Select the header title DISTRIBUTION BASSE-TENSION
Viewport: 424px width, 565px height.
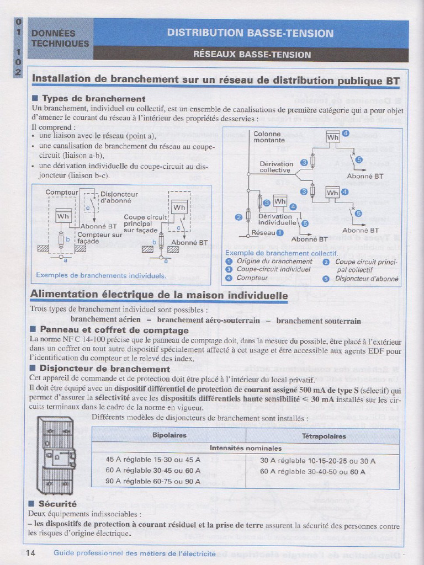tap(250, 33)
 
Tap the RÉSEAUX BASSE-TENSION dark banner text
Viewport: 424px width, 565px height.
tap(252, 55)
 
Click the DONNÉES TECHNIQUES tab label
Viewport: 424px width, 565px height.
tap(60, 39)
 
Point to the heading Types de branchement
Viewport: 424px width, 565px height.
tap(93, 99)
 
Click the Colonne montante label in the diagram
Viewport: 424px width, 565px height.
tap(267, 137)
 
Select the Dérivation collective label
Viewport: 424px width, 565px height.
tap(276, 167)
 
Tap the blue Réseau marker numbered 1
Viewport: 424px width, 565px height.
tap(280, 233)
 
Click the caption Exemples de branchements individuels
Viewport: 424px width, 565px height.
tap(100, 275)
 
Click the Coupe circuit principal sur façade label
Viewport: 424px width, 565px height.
tap(144, 223)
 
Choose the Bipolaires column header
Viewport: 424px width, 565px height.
tap(169, 436)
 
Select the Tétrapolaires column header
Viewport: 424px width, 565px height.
tap(324, 436)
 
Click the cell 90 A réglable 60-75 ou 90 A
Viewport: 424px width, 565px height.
tap(153, 481)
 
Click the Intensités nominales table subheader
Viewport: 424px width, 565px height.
tap(246, 448)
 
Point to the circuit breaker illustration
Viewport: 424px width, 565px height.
tap(55, 456)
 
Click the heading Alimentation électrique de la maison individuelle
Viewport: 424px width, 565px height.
tap(159, 295)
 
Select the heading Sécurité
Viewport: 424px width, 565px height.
tap(57, 504)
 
